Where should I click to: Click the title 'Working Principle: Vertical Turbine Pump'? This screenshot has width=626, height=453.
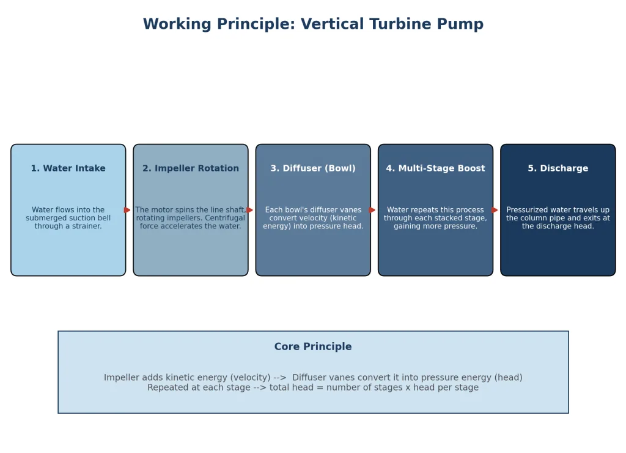pyautogui.click(x=313, y=24)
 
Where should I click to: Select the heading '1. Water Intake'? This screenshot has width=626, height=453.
pyautogui.click(x=68, y=168)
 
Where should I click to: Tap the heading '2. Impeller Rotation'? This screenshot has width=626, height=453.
pyautogui.click(x=191, y=168)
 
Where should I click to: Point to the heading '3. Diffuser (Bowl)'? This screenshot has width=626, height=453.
pyautogui.click(x=313, y=168)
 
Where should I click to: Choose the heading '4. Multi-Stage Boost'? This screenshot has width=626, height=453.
pyautogui.click(x=435, y=168)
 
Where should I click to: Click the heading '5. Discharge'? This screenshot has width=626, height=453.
pyautogui.click(x=558, y=168)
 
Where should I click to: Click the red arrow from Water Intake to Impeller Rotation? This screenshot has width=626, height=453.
pyautogui.click(x=127, y=210)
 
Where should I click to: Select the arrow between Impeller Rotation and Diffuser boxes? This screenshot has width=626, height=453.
pyautogui.click(x=250, y=210)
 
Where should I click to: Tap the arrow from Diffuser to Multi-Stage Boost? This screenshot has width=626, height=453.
pyautogui.click(x=372, y=210)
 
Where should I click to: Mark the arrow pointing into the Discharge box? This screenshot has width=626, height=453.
pyautogui.click(x=495, y=210)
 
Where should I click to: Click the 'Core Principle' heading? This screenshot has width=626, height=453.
pyautogui.click(x=313, y=346)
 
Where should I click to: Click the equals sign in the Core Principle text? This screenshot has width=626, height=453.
pyautogui.click(x=320, y=387)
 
